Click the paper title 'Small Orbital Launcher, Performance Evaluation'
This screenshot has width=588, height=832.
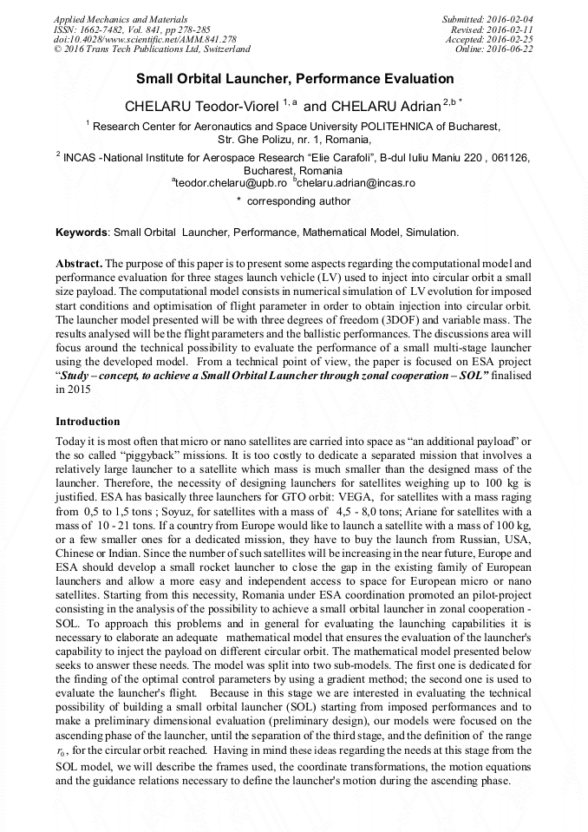point(295,78)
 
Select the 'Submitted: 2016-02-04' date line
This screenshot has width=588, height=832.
point(487,18)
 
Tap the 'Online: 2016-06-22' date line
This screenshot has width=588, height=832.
point(493,49)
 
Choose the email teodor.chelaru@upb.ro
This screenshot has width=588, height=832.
point(231,183)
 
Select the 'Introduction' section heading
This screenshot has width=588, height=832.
point(88,421)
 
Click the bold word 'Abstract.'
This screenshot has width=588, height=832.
point(79,262)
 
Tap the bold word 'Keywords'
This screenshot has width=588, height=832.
point(82,233)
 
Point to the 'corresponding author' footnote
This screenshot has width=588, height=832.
point(298,201)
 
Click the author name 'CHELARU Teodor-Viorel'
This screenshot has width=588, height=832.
point(202,107)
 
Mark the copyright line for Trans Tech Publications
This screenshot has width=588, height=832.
point(152,49)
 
